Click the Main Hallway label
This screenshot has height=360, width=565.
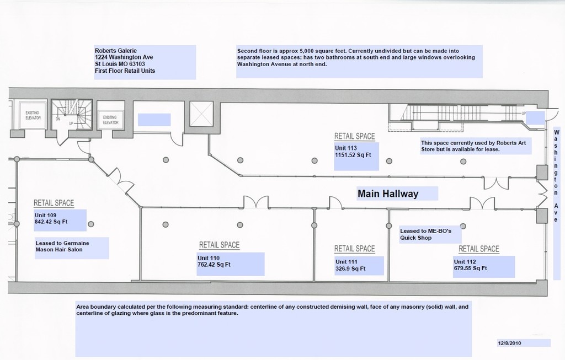[x=388, y=194]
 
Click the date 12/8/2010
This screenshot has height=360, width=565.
[x=509, y=343]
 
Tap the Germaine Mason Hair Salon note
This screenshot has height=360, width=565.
[x=62, y=246]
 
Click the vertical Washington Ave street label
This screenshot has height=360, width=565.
[x=556, y=176]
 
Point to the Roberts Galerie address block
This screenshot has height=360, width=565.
[x=125, y=61]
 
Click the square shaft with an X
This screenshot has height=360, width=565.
[x=201, y=114]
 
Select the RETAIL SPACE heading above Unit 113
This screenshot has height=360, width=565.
[x=354, y=136]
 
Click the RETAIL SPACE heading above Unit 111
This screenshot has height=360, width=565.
[x=354, y=249]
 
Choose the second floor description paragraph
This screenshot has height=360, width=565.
[x=356, y=57]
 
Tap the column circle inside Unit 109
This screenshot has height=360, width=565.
[x=91, y=224]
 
